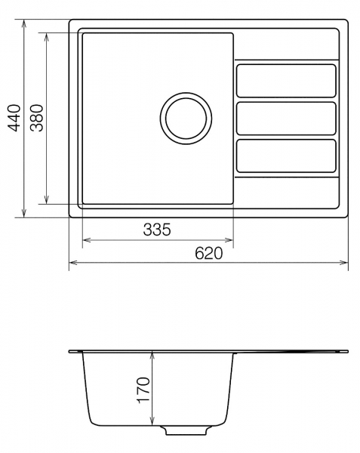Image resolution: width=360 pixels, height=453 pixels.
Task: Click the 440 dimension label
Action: pos(14,118)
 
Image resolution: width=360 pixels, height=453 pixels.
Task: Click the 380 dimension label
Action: pos(37,118)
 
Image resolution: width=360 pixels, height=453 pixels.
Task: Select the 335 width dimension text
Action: pos(157,230)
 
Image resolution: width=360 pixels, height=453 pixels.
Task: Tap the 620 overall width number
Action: pos(209,254)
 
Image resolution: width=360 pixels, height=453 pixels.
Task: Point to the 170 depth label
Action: pos(143,390)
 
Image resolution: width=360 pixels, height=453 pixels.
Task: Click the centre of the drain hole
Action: pos(186,118)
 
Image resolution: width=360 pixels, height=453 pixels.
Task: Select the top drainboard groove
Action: pos(286,81)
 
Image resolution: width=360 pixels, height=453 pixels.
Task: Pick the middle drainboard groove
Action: pos(286,119)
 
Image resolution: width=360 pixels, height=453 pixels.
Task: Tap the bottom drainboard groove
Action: pos(286,156)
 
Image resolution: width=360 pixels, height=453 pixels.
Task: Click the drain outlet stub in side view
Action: pos(186,430)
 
